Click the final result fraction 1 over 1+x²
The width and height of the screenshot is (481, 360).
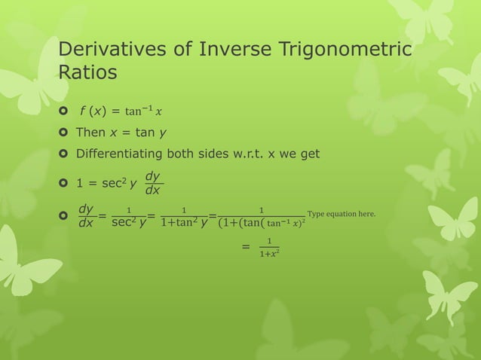tap(265, 248)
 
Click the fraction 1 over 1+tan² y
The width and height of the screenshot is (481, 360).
tap(184, 217)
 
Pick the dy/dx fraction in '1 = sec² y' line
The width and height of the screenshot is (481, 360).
tap(154, 181)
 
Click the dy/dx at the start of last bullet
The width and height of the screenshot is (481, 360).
tap(86, 216)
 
